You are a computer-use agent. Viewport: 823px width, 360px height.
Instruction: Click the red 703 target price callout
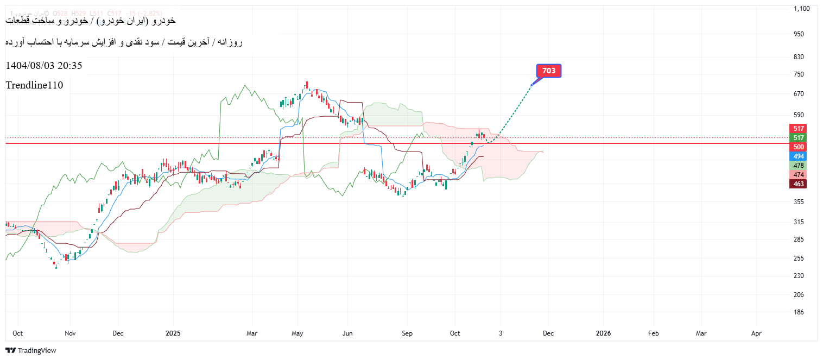click(x=549, y=71)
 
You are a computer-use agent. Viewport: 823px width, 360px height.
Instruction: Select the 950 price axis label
click(x=799, y=34)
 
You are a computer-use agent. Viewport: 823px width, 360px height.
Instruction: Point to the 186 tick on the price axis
click(x=799, y=312)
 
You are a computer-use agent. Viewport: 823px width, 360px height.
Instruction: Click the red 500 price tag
click(x=798, y=147)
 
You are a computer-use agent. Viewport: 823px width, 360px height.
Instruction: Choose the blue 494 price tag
click(x=798, y=156)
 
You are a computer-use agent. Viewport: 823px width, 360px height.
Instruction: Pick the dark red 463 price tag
click(x=798, y=184)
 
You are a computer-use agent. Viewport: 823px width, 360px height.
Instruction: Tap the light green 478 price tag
click(x=798, y=166)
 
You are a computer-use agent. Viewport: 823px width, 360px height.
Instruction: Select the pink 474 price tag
click(x=798, y=175)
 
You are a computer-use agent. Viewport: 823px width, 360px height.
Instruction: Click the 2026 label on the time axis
click(x=603, y=333)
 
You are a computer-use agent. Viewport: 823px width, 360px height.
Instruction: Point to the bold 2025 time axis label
click(x=172, y=333)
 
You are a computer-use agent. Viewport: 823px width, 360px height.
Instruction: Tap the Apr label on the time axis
click(x=756, y=333)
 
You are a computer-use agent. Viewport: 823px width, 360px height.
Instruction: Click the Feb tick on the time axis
click(x=653, y=333)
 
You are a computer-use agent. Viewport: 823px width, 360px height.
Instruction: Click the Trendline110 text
click(x=34, y=85)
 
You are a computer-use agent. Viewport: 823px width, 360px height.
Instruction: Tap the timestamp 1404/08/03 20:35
click(x=44, y=66)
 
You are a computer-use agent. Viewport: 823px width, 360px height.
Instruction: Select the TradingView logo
click(x=31, y=351)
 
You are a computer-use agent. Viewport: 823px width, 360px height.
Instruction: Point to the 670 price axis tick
click(x=799, y=94)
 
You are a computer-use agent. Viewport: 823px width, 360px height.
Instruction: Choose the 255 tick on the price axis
click(x=799, y=258)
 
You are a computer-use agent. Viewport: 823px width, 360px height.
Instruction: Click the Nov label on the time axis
click(x=71, y=333)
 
